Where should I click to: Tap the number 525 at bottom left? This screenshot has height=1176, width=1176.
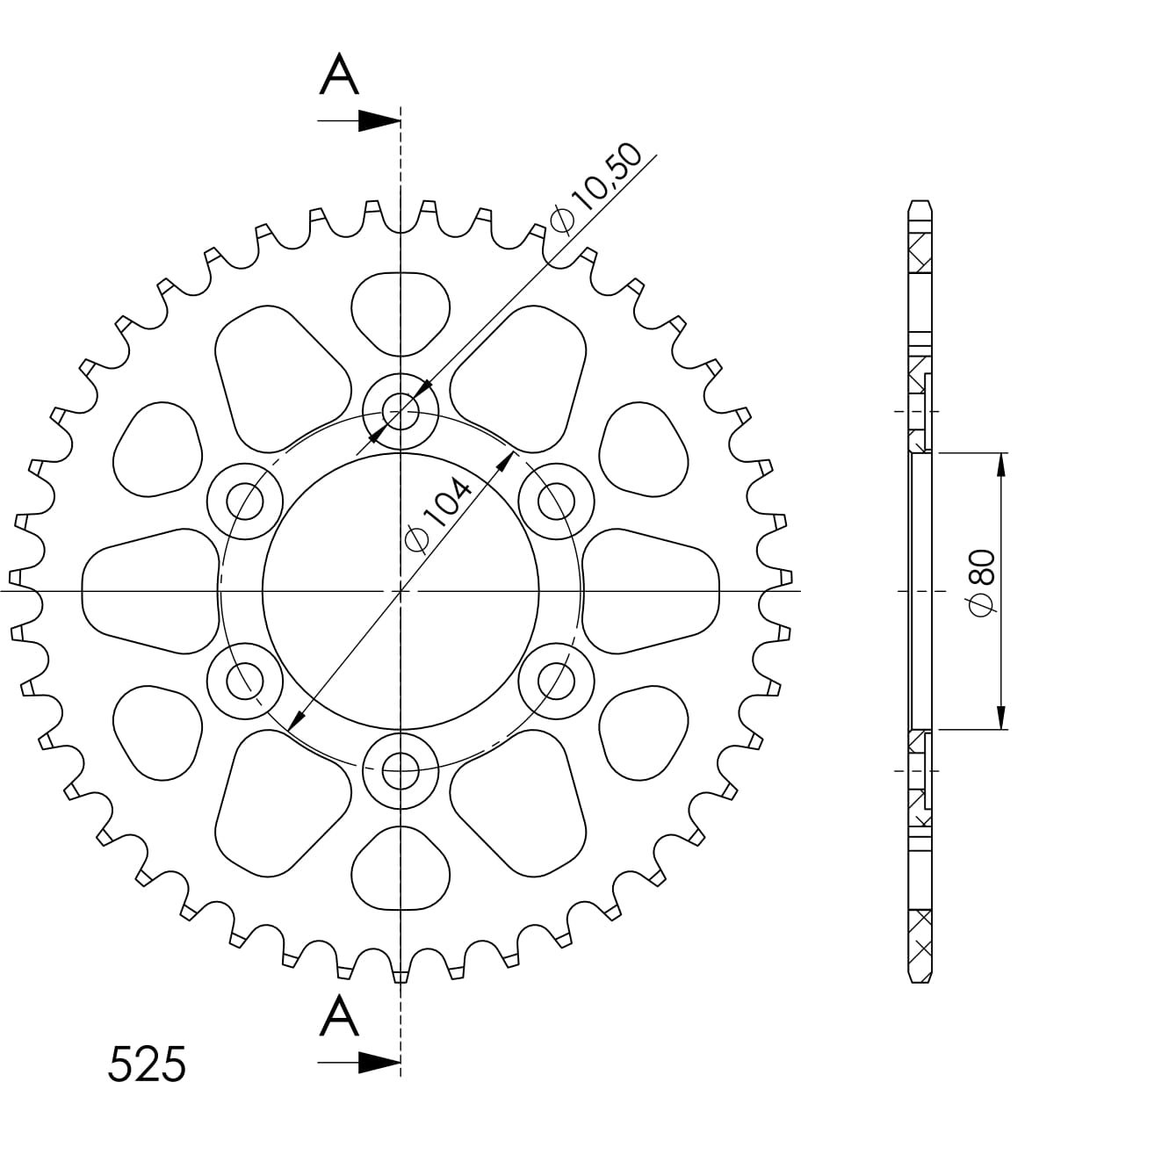[x=147, y=1064]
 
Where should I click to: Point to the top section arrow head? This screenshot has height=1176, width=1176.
[x=379, y=121]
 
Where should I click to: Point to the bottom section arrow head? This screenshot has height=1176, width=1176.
[x=379, y=1064]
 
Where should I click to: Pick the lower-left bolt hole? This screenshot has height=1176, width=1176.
[x=245, y=681]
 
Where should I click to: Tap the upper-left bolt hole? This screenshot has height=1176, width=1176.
[x=245, y=501]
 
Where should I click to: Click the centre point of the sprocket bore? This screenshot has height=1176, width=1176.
[x=400, y=591]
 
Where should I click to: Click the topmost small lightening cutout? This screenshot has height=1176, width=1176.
[x=400, y=313]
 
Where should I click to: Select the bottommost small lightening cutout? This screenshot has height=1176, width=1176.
[x=400, y=869]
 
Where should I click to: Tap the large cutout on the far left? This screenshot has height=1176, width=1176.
[x=149, y=591]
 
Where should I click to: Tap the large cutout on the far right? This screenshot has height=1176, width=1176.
[x=651, y=591]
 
